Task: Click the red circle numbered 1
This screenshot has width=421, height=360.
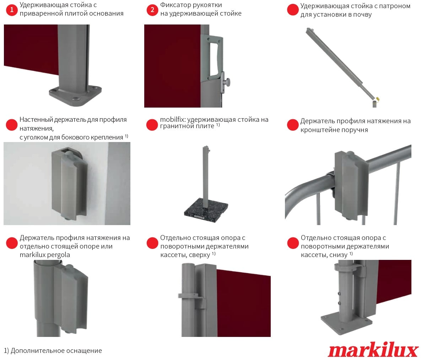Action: (x=11, y=10)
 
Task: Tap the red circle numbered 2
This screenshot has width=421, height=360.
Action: (x=152, y=10)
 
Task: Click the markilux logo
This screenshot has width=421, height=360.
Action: (x=373, y=350)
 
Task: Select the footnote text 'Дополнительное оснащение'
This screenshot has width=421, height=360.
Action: (x=56, y=351)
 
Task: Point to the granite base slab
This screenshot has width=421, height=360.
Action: (x=206, y=209)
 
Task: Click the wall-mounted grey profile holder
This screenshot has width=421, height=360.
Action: (x=69, y=184)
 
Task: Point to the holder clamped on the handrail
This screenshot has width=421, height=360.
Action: (x=350, y=185)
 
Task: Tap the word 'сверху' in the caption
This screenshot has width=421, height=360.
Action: (x=199, y=255)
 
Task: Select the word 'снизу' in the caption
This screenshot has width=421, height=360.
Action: (x=339, y=255)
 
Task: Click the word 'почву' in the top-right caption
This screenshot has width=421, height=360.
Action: (x=363, y=15)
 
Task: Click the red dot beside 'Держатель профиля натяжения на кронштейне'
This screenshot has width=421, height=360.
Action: (x=293, y=125)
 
